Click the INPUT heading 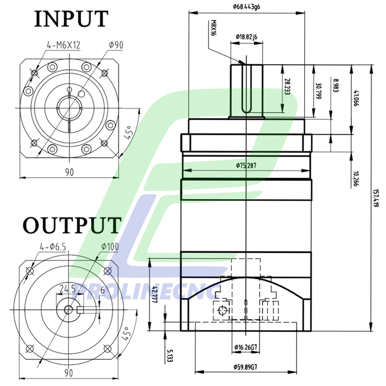[72, 19]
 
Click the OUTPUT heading [73, 225]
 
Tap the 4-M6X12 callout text [63, 46]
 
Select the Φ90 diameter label [116, 45]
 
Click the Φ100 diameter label [110, 247]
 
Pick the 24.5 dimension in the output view [67, 288]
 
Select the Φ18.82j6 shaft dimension [247, 37]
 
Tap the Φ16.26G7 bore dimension [247, 348]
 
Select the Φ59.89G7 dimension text [247, 367]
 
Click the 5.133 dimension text [170, 355]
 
